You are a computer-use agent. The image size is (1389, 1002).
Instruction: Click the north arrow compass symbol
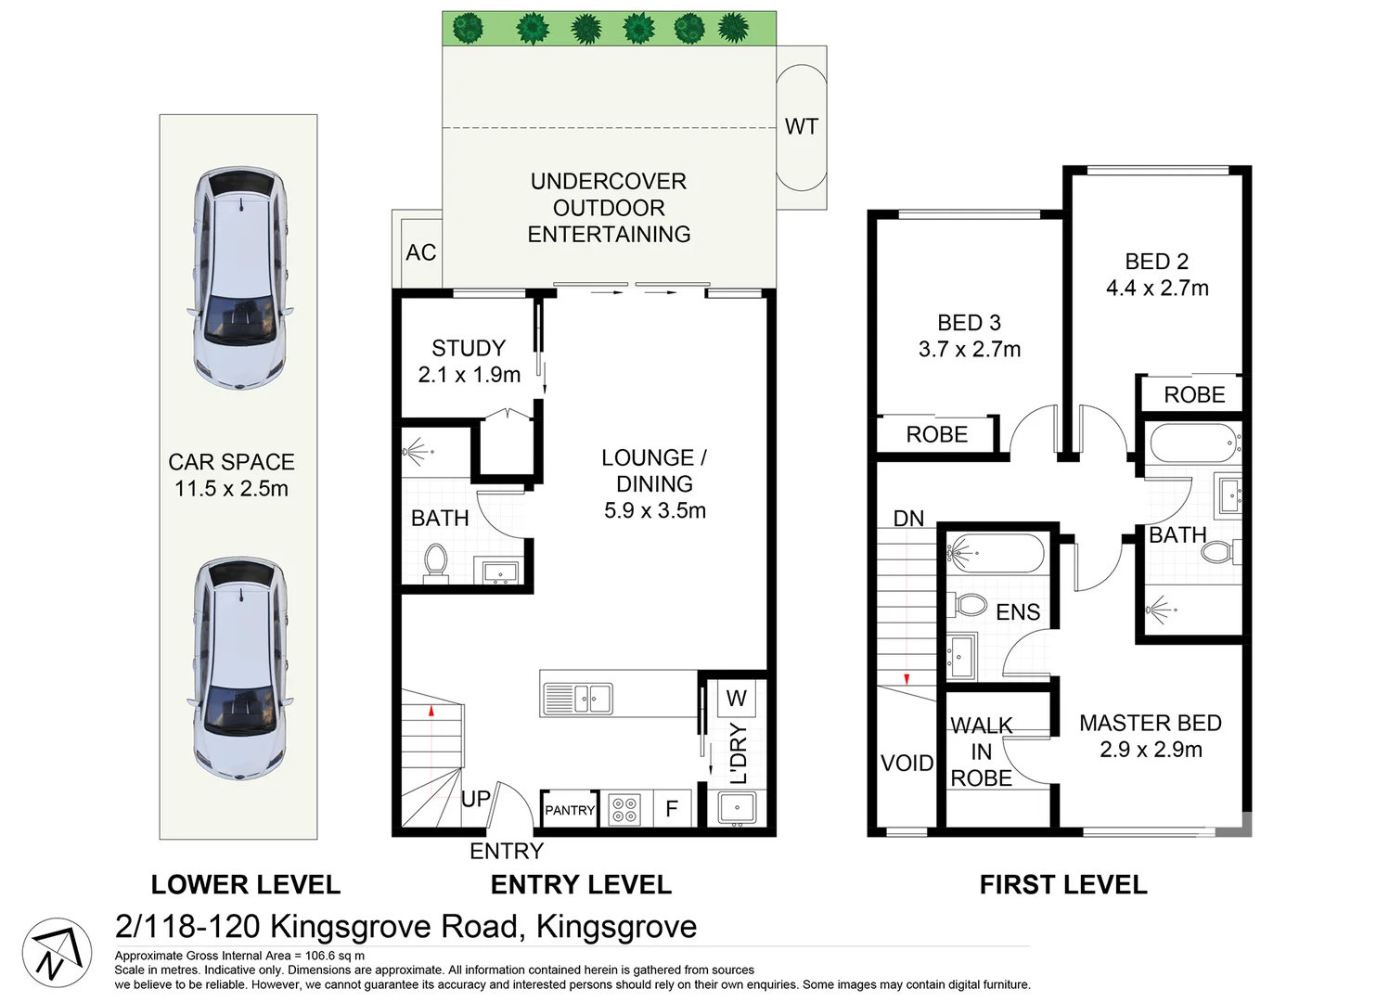[x=57, y=953]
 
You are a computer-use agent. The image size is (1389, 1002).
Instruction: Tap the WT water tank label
[x=801, y=126]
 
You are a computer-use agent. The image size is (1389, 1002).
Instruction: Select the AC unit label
[x=421, y=252]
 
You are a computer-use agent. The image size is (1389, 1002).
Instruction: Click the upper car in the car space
[x=240, y=278]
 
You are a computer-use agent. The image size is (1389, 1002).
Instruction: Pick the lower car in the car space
[x=240, y=668]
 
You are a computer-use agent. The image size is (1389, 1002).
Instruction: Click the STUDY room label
[x=469, y=348]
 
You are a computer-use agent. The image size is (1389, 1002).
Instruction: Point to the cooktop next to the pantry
[x=625, y=809]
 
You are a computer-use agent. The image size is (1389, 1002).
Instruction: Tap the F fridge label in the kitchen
[x=672, y=808]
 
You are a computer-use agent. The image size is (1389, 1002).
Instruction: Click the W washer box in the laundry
[x=737, y=699]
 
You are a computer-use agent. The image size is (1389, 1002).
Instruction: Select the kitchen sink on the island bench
[x=578, y=699]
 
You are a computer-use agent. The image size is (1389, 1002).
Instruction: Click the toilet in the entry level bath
[x=436, y=562]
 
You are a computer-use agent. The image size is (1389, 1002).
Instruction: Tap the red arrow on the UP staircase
[x=431, y=712]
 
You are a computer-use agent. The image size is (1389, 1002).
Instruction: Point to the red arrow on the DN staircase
[x=907, y=679]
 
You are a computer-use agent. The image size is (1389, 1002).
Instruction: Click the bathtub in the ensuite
[x=995, y=553]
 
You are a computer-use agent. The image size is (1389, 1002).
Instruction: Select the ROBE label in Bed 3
[x=937, y=434]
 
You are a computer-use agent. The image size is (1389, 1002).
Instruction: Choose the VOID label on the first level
[x=907, y=764]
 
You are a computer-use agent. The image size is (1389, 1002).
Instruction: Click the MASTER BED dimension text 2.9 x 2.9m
[x=1151, y=750]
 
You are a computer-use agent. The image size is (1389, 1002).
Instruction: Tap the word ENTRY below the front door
[x=507, y=851]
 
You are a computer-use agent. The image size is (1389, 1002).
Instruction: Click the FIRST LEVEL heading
[x=1063, y=885]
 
